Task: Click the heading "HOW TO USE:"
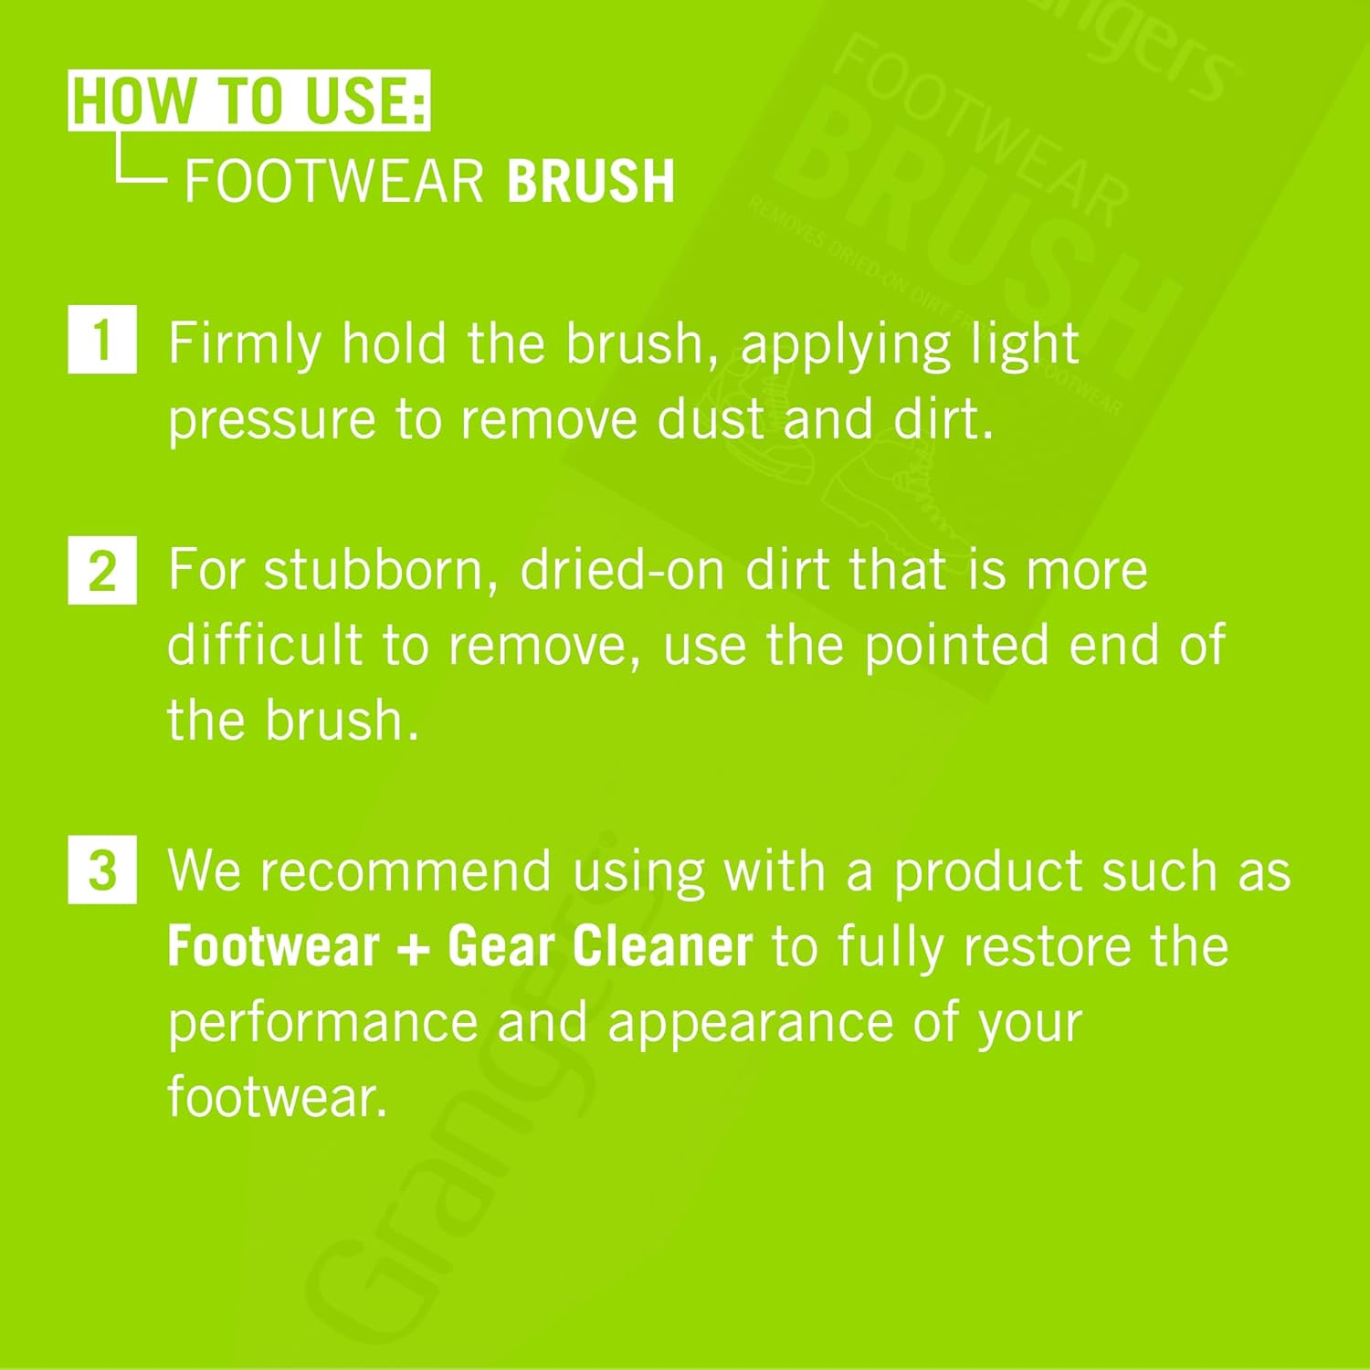tap(248, 100)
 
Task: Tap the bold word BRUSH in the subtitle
tap(591, 181)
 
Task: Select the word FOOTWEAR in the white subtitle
tap(334, 181)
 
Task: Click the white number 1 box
tap(102, 340)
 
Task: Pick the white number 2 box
tap(102, 571)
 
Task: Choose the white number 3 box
tap(102, 869)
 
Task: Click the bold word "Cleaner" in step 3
tap(662, 946)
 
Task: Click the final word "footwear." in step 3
tap(278, 1096)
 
